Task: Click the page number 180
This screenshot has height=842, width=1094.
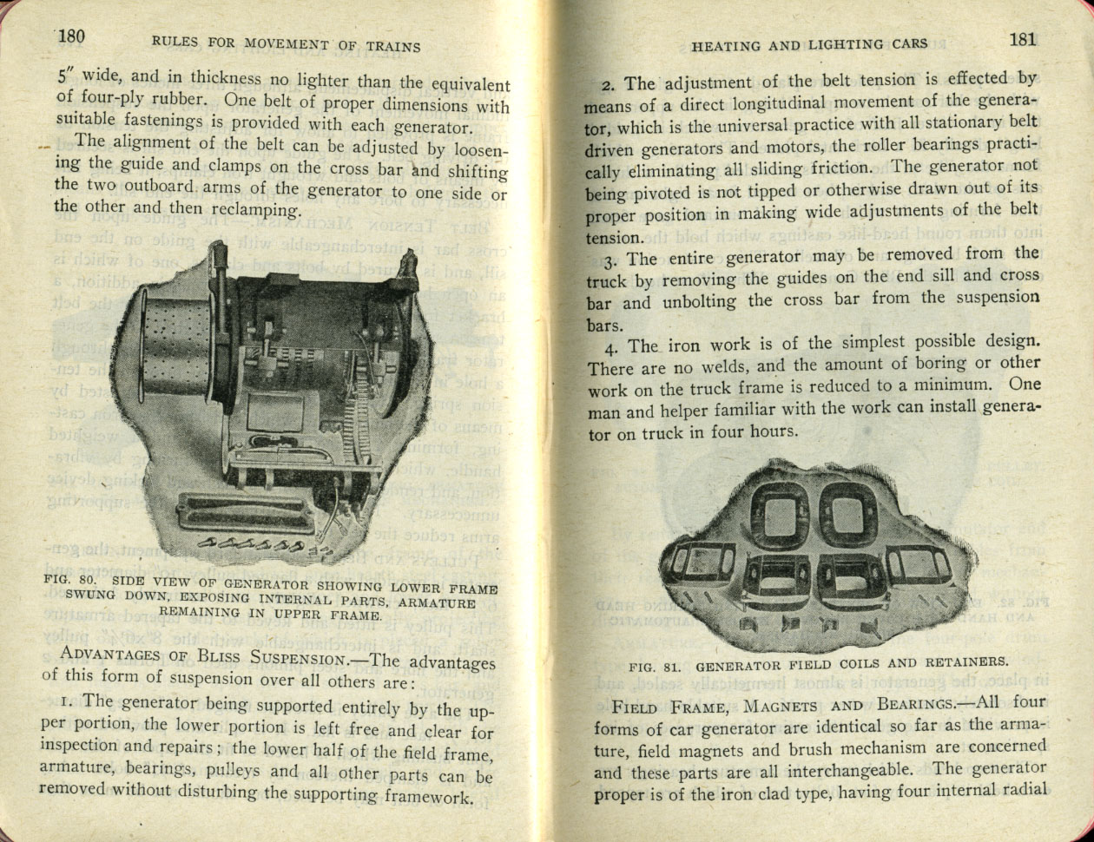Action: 70,36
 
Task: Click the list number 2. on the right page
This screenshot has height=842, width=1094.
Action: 607,85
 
